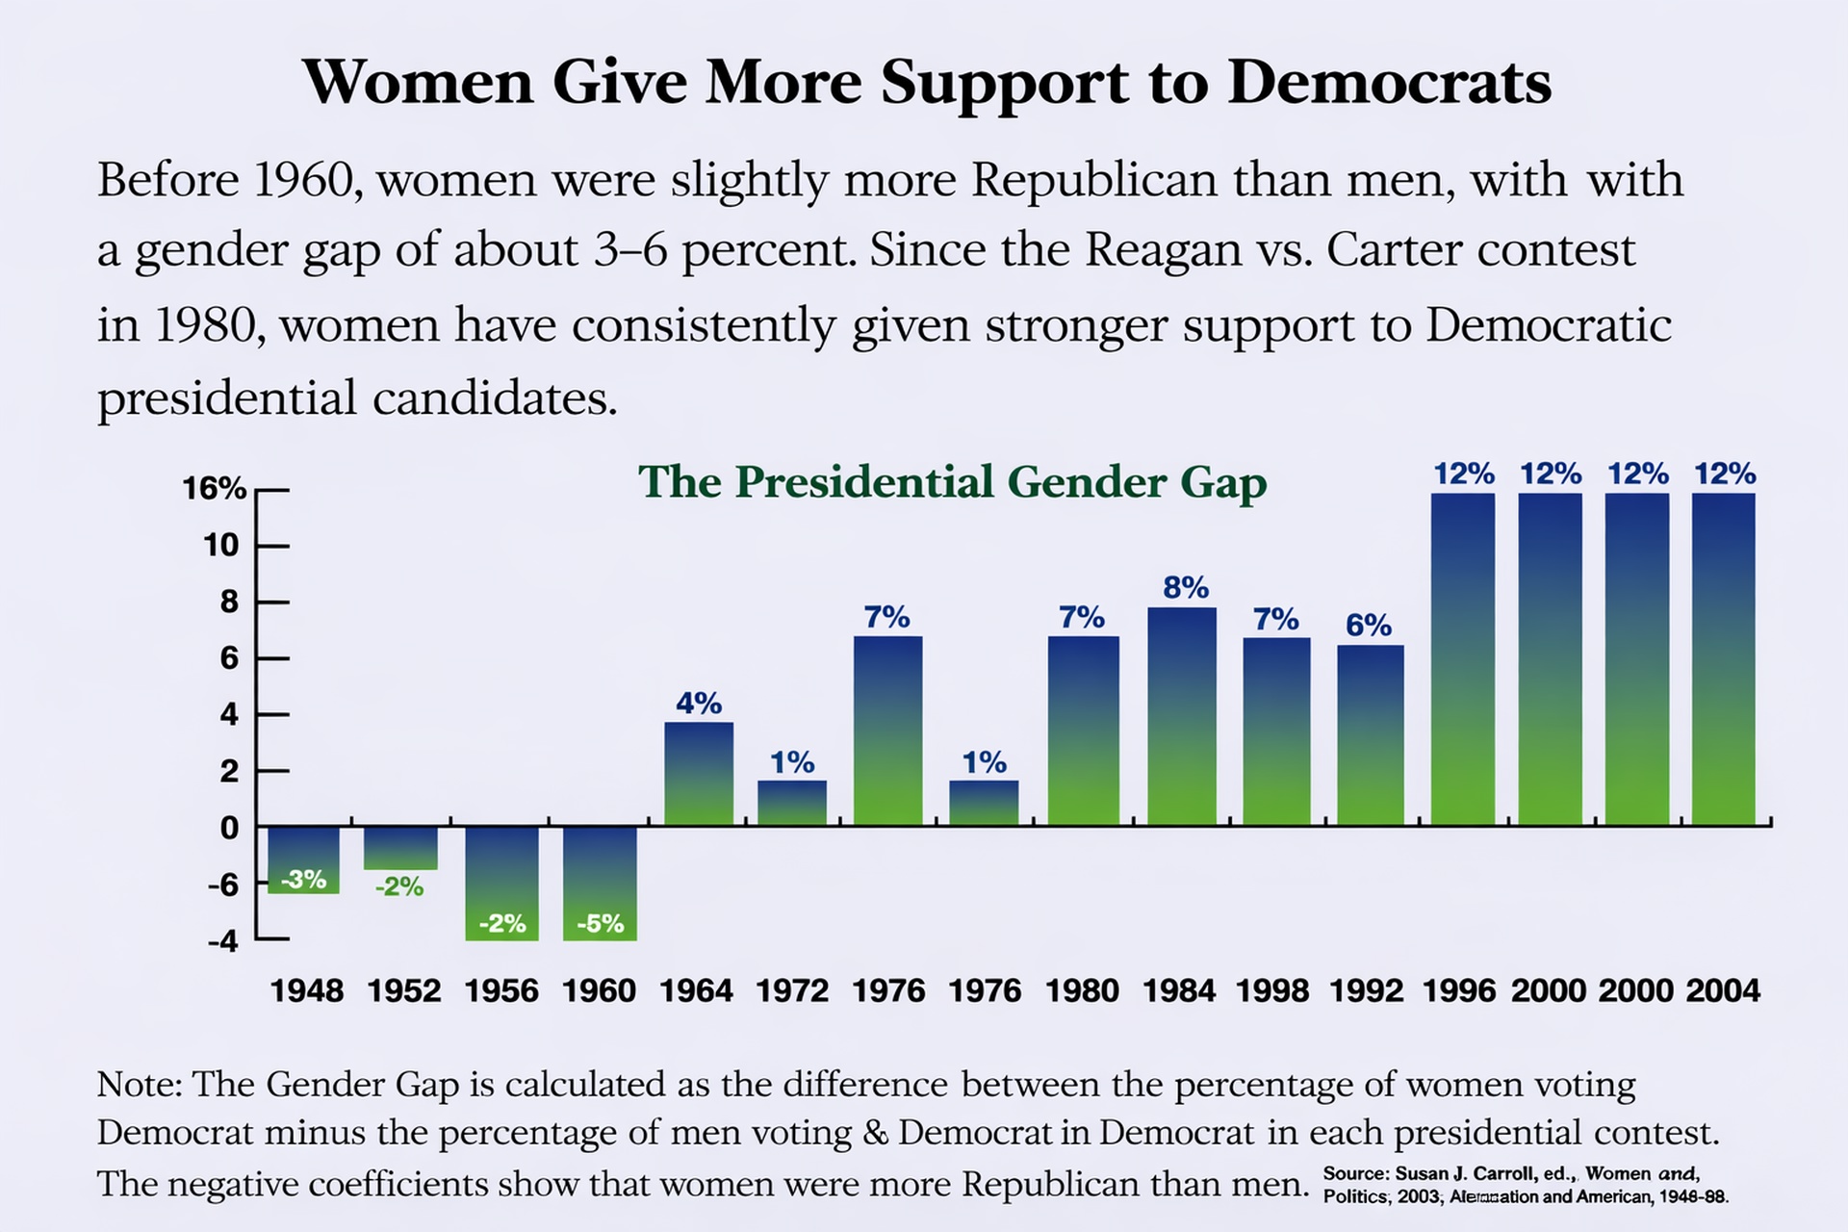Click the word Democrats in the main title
pyautogui.click(x=1389, y=83)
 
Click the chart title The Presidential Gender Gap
pyautogui.click(x=952, y=482)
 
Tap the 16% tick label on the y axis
pyautogui.click(x=215, y=489)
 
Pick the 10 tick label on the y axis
pyautogui.click(x=220, y=546)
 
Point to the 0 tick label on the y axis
pyautogui.click(x=229, y=828)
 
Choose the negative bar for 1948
pyautogui.click(x=303, y=859)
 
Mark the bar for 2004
pyautogui.click(x=1724, y=658)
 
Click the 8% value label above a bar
pyautogui.click(x=1186, y=588)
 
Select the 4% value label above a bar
pyautogui.click(x=699, y=704)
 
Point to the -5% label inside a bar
pyautogui.click(x=601, y=924)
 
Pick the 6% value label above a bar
pyautogui.click(x=1369, y=626)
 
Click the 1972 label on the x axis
pyautogui.click(x=792, y=990)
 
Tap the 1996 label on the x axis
pyautogui.click(x=1459, y=990)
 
